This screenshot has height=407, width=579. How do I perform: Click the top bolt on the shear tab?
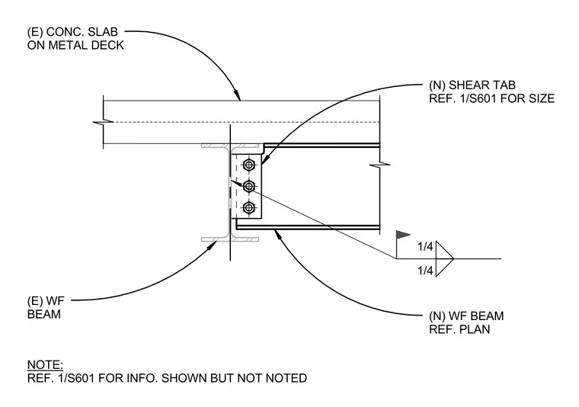tap(249, 165)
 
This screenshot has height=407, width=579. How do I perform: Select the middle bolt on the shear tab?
tap(249, 187)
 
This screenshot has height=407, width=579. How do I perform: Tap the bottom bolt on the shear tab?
tap(249, 208)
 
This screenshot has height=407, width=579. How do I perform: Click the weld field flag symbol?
tap(403, 235)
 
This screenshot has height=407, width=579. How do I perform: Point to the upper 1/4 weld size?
tap(425, 246)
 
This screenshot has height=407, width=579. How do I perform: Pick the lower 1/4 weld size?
tap(425, 271)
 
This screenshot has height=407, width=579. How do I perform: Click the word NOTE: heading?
tap(46, 365)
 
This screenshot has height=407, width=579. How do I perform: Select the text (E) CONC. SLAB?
tap(72, 32)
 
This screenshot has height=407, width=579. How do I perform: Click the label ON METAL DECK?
tap(75, 46)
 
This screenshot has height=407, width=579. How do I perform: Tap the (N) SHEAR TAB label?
tap(472, 85)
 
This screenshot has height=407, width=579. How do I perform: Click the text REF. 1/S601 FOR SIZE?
tap(492, 98)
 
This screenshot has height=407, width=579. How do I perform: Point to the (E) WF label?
tap(46, 301)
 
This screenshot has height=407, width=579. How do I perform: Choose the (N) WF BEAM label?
tap(466, 316)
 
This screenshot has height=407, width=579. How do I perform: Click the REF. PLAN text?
tap(459, 329)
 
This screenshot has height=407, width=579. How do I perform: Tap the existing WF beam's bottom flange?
tap(230, 239)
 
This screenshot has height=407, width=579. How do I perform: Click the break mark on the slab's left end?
tap(103, 121)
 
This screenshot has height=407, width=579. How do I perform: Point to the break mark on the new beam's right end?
tap(380, 165)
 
